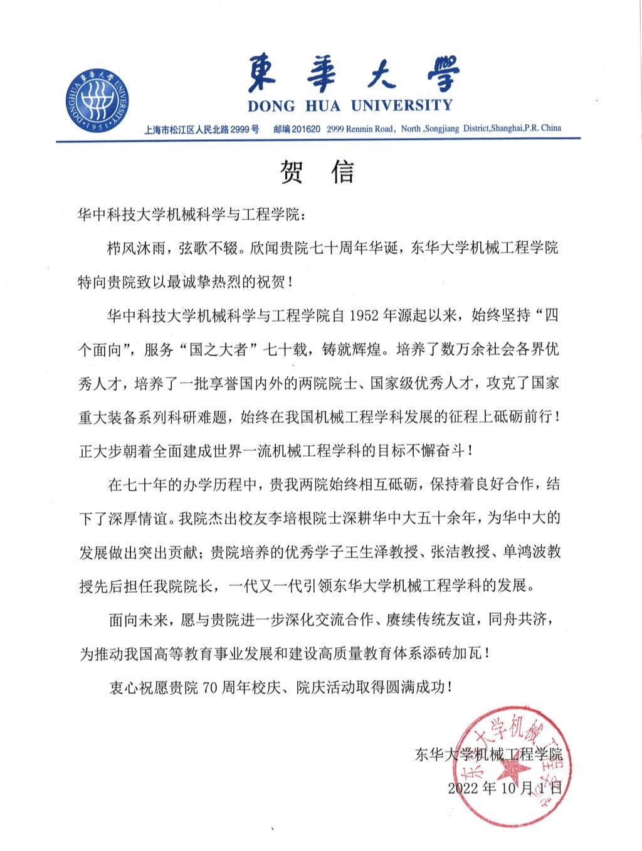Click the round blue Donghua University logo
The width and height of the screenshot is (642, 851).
(x=97, y=99)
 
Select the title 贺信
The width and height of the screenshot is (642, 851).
(x=317, y=171)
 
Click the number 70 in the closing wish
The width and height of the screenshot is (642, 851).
(x=208, y=687)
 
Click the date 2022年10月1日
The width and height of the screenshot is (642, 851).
(x=505, y=788)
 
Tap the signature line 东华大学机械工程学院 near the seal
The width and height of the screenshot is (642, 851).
(x=488, y=754)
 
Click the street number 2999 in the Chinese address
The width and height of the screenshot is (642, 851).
(x=237, y=130)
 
